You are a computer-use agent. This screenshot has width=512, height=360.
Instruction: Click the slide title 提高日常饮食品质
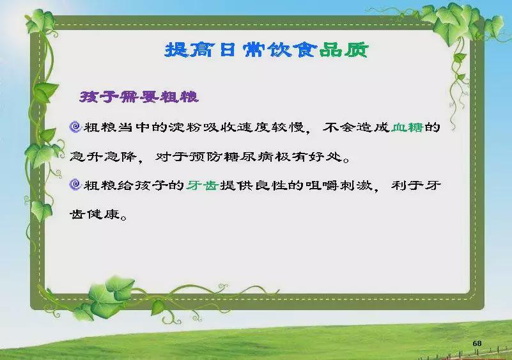point(267,51)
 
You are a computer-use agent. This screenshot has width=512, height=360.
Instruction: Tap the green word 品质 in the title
point(344,51)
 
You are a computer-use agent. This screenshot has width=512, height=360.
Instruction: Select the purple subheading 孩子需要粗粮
point(139,97)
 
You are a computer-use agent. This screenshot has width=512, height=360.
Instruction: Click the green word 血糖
point(407,127)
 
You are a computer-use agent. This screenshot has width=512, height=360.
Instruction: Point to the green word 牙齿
point(203,185)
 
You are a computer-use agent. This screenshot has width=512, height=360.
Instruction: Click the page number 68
point(477,343)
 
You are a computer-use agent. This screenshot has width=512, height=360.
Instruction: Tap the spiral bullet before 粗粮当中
point(75,127)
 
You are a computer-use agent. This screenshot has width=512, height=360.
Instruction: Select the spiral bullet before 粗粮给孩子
point(75,185)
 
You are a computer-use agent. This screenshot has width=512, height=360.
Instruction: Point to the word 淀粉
point(185,127)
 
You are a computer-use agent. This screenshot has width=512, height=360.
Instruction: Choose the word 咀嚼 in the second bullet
point(322,185)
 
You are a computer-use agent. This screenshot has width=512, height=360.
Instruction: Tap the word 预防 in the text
point(206,157)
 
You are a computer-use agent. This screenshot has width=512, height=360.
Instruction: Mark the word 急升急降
point(103,157)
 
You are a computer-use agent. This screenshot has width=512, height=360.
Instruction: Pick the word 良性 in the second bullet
point(270,185)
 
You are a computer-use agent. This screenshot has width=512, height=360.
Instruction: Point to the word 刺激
point(355,185)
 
